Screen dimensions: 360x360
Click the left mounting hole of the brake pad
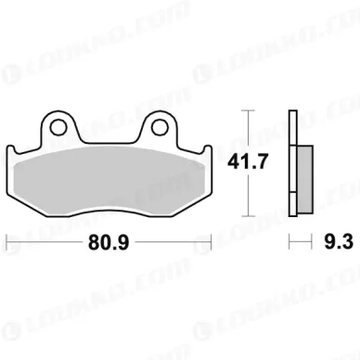[58, 127]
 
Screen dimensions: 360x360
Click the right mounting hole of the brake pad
[160, 127]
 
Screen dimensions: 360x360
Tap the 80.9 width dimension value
[109, 242]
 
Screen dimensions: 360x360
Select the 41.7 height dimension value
[247, 161]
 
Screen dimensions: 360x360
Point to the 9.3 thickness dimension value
[339, 241]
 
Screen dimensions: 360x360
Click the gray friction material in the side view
[304, 179]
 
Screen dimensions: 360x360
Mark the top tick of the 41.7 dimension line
[249, 110]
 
